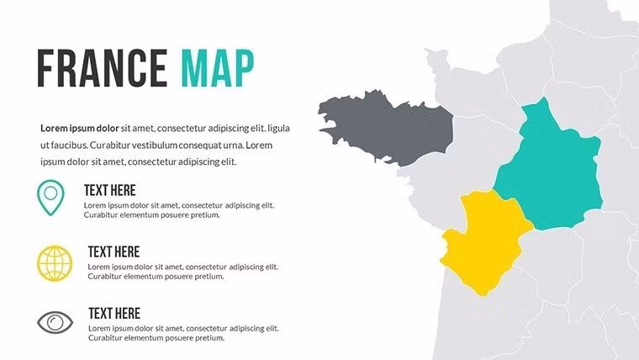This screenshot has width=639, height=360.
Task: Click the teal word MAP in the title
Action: click(217, 69)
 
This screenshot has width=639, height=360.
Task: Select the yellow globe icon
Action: click(55, 263)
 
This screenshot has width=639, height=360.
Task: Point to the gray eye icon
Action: click(55, 322)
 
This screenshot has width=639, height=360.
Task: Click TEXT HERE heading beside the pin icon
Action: click(109, 191)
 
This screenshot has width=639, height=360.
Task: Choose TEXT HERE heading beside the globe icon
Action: click(114, 251)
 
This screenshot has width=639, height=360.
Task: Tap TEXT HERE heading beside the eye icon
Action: click(114, 313)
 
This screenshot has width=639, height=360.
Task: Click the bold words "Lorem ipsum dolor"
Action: click(79, 129)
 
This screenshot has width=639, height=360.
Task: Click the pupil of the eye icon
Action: click(55, 322)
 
